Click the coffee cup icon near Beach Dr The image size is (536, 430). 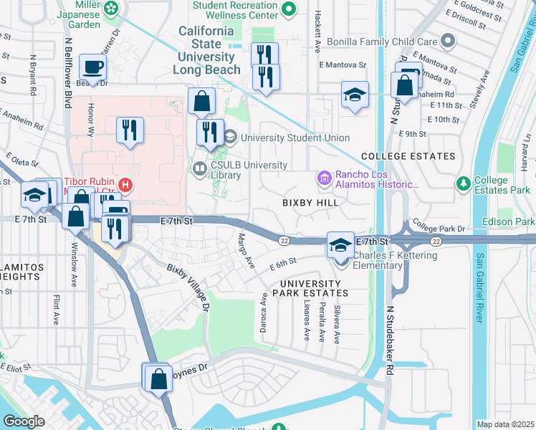tap(92, 67)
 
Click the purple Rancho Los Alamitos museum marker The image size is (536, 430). tap(325, 177)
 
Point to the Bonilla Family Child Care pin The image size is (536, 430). tap(449, 42)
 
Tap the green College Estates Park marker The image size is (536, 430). tap(464, 185)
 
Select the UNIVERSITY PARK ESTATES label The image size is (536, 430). tap(309, 288)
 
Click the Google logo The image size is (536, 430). tap(24, 421)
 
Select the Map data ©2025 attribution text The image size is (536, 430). tap(505, 424)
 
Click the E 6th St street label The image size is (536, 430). tap(283, 267)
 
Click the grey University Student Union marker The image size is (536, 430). tap(231, 137)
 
